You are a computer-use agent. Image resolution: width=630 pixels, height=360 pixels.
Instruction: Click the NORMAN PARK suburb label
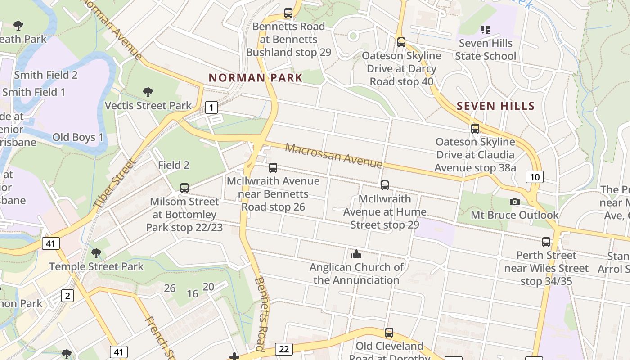coord(256,77)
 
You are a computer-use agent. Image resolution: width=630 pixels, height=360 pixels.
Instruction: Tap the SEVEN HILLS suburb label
coord(495,106)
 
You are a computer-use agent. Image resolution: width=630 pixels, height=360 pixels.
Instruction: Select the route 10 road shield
coord(534,177)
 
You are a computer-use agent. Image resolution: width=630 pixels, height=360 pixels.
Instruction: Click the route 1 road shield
coord(211,107)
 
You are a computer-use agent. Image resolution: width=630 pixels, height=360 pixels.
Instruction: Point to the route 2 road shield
coord(67,296)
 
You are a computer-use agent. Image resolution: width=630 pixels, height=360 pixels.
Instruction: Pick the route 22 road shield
coord(283,349)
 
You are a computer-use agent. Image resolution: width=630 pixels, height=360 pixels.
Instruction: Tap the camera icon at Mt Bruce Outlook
coord(515,202)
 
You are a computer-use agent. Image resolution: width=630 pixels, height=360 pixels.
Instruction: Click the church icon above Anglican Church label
coord(356,254)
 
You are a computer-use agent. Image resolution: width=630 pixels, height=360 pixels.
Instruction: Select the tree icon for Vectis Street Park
coord(148,93)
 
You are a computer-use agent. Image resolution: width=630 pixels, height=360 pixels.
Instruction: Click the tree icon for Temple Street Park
coord(96,253)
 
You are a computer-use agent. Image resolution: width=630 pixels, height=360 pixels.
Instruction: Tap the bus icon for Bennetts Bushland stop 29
coord(288,13)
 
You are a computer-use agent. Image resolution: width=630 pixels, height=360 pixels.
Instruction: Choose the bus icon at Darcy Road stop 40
coord(401,42)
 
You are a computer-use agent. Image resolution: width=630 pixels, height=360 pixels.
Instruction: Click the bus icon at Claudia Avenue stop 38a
coord(475,129)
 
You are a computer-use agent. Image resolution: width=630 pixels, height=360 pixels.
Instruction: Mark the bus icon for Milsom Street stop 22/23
coord(184,188)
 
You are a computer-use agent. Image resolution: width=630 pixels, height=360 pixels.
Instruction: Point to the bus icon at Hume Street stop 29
coord(385,185)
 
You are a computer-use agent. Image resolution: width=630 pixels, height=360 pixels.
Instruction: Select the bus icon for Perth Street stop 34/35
coord(546,242)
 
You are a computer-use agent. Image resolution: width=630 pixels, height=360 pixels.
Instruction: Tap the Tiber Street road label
coord(114,184)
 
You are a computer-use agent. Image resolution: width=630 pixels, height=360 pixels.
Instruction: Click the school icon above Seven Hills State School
coord(485,30)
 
